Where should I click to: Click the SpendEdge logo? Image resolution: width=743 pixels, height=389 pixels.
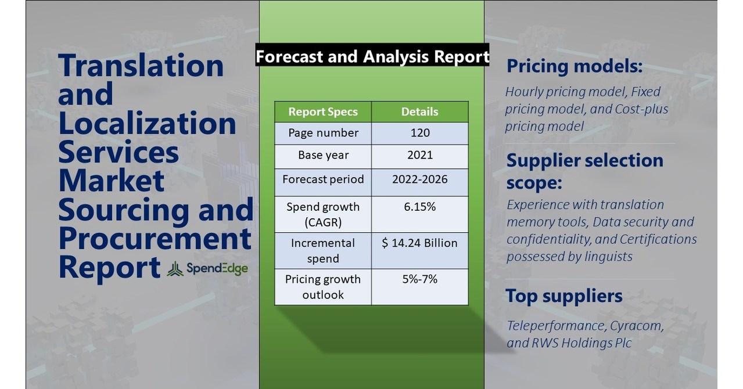207,269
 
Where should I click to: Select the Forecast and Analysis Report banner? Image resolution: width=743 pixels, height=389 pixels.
372,56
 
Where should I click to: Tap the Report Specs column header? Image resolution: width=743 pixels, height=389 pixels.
323,111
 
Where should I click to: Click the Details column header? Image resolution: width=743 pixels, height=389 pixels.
419,111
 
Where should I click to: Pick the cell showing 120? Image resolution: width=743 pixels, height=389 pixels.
419,133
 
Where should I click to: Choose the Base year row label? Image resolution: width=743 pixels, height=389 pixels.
323,156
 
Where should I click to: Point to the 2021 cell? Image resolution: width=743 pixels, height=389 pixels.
419,156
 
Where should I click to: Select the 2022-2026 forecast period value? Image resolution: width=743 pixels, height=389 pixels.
419,179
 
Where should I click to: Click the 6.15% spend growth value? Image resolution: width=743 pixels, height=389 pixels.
419,207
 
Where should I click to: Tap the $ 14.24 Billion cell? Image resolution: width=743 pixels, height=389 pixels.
419,243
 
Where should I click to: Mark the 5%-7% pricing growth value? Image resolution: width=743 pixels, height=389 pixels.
419,279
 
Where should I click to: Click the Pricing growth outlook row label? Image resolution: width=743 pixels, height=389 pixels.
323,287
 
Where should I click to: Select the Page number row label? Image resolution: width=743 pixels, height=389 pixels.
323,133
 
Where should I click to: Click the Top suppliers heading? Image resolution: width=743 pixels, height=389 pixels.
563,296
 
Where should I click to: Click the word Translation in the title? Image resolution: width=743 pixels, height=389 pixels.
141,66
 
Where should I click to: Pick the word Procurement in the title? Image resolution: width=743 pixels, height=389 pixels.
155,239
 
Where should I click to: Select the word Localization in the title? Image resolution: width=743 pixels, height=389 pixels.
147,124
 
